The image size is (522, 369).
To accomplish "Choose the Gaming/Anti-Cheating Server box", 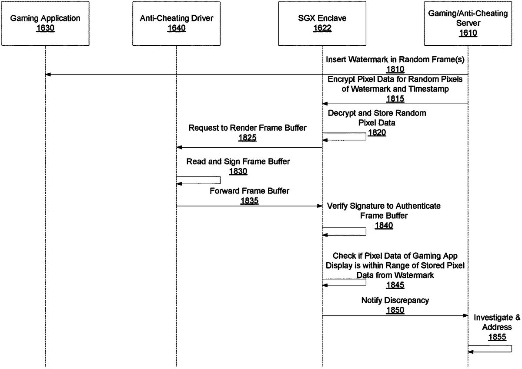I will [468, 23].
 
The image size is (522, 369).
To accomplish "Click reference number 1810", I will [395, 69].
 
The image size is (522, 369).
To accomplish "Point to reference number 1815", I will [395, 98].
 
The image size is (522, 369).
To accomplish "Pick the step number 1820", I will [377, 132].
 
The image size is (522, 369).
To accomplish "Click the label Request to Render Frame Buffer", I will [248, 128].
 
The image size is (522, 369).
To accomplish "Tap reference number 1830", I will [238, 171].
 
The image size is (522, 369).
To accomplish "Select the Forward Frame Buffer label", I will [249, 191].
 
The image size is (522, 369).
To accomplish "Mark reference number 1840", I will [384, 225].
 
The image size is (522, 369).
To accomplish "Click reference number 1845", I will [395, 285].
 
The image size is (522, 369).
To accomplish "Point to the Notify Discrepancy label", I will [395, 300].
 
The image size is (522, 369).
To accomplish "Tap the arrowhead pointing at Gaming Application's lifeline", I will [48, 75].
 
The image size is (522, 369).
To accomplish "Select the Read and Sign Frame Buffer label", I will [238, 162].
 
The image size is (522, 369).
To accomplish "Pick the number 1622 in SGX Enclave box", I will [322, 29].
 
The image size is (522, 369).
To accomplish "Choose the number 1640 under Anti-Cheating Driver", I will [176, 29].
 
